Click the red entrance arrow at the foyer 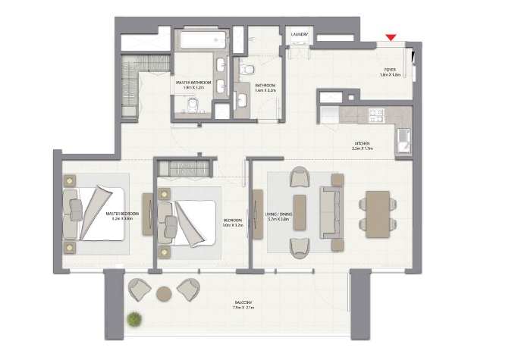coord(391,37)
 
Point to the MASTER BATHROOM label coord(194,82)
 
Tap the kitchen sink coord(401,141)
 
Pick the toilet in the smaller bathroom coord(245,70)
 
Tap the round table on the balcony coord(163,293)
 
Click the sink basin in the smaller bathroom coord(244,99)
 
